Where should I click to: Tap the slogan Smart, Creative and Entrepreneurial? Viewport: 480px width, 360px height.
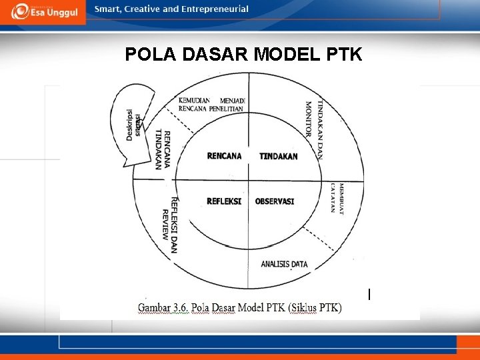171,9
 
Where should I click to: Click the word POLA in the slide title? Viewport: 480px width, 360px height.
149,54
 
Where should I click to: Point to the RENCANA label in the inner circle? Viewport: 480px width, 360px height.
225,156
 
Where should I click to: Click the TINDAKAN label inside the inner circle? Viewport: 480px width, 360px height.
279,156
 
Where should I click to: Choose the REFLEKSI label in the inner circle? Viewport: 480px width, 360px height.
224,201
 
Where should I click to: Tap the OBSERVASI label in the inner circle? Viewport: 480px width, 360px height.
275,201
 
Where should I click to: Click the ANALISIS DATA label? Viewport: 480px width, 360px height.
285,264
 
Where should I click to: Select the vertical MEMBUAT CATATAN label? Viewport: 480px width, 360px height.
337,198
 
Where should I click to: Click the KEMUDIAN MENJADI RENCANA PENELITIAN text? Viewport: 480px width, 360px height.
212,104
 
